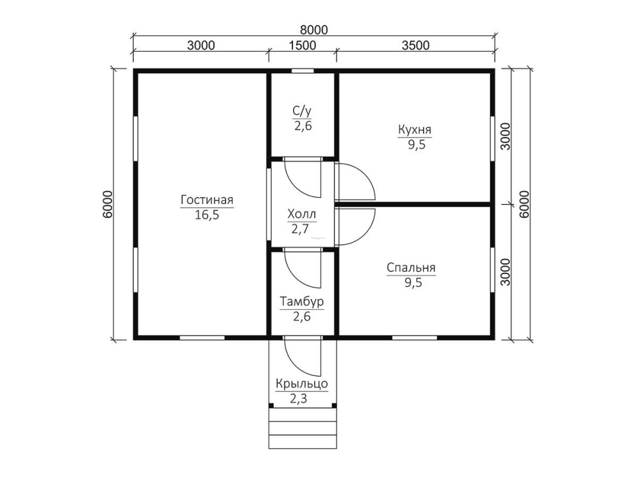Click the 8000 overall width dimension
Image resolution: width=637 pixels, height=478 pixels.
pos(313,30)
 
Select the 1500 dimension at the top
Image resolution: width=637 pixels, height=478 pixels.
pos(303,45)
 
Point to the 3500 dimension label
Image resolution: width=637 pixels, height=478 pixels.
pos(415,45)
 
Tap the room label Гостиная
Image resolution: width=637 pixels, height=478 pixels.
pos(207,200)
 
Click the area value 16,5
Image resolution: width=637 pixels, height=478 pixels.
pos(207,215)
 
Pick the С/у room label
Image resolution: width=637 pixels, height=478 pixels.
pos(302,111)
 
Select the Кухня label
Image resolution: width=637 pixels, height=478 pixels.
pos(415,129)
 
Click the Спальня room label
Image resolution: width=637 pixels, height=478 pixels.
pos(411,268)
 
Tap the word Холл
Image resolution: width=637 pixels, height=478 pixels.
pos(301,214)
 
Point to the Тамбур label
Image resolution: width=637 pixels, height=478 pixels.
pos(302,301)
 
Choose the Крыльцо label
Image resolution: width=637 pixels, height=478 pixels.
pos(301,384)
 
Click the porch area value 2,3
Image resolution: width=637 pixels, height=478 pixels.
pos(299,399)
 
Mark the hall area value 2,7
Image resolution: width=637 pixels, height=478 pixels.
pos(300,229)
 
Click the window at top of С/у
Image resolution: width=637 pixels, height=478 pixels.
pos(303,71)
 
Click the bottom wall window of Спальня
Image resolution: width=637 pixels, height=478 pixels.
pos(415,337)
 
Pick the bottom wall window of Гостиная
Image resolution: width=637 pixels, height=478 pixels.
pos(203,337)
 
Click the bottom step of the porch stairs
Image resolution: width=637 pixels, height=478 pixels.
pos(303,442)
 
